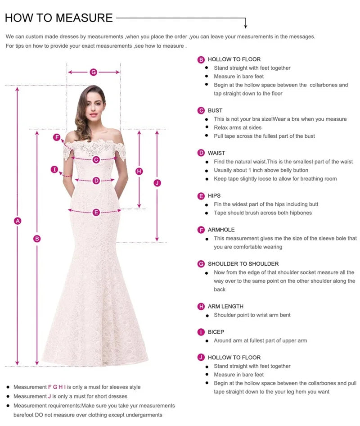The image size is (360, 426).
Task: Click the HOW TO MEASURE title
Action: [x=58, y=18]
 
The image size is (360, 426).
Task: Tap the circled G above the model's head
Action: [x=94, y=72]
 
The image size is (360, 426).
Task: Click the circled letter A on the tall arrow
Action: [x=18, y=221]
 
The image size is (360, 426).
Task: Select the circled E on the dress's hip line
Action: [x=96, y=213]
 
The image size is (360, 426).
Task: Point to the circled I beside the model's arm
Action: [x=54, y=170]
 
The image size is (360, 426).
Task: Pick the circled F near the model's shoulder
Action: [x=57, y=137]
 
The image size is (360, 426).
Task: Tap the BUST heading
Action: [x=215, y=110]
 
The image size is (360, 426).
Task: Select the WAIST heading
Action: [x=216, y=153]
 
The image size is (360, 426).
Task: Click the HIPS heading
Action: [x=214, y=196]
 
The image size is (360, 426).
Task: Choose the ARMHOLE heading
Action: [x=221, y=230]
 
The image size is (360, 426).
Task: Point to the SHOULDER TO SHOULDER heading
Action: [x=243, y=263]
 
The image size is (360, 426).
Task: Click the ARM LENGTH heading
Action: [x=225, y=306]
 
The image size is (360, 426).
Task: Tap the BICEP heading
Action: [x=216, y=332]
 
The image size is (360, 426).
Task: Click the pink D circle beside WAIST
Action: [x=201, y=153]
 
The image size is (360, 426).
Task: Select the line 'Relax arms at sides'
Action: [x=237, y=127]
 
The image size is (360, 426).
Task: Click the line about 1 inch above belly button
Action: [x=261, y=170]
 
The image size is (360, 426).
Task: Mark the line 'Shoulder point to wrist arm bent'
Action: [x=252, y=315]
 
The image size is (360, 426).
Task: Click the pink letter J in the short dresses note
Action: [x=49, y=396]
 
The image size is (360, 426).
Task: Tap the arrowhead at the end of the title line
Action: [x=246, y=26]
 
